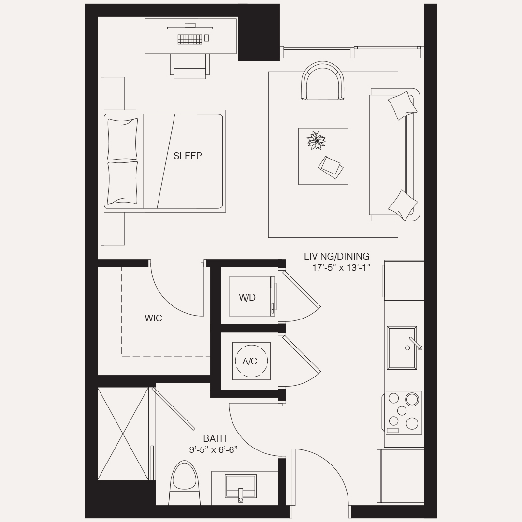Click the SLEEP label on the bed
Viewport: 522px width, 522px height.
[188, 156]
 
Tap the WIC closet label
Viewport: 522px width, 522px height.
[154, 318]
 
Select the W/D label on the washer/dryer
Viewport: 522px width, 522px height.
[247, 298]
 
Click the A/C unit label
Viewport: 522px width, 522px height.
[250, 361]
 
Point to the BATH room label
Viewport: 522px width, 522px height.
[215, 438]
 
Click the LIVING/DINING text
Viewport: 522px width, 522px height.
[336, 256]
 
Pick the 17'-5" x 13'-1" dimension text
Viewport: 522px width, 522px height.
[341, 268]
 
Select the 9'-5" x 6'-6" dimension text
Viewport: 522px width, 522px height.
[214, 450]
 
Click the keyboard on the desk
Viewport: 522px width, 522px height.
[190, 39]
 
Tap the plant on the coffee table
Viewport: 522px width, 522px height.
[316, 140]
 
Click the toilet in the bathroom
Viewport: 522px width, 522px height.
[184, 483]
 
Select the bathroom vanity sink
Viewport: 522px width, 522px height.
[240, 486]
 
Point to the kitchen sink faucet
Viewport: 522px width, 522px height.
[416, 344]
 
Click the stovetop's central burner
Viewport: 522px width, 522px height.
[402, 410]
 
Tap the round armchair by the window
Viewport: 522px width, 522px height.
[322, 81]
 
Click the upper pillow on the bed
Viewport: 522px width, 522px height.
[122, 139]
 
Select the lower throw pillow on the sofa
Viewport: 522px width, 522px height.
[403, 205]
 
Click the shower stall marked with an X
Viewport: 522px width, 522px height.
[123, 434]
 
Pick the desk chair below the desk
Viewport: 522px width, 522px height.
[190, 67]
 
